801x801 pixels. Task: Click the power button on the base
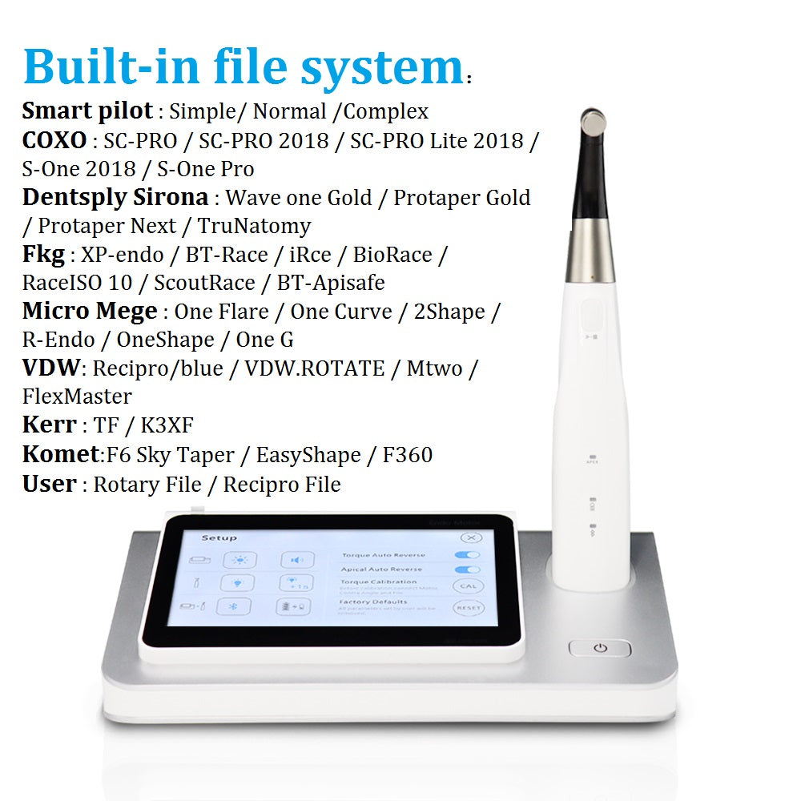tap(600, 649)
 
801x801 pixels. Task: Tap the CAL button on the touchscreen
tap(467, 586)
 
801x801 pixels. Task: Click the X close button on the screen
tap(472, 539)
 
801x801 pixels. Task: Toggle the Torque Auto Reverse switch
tap(467, 554)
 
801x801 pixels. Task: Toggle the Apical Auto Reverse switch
tap(467, 570)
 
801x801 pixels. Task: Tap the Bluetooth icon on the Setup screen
tap(238, 607)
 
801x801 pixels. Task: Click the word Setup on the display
tap(219, 538)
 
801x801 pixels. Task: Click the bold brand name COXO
tap(54, 140)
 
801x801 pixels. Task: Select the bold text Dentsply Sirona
tap(115, 197)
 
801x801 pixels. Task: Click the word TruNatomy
tap(254, 226)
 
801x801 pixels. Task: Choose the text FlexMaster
tap(77, 396)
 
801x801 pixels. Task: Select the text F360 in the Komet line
tap(407, 455)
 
